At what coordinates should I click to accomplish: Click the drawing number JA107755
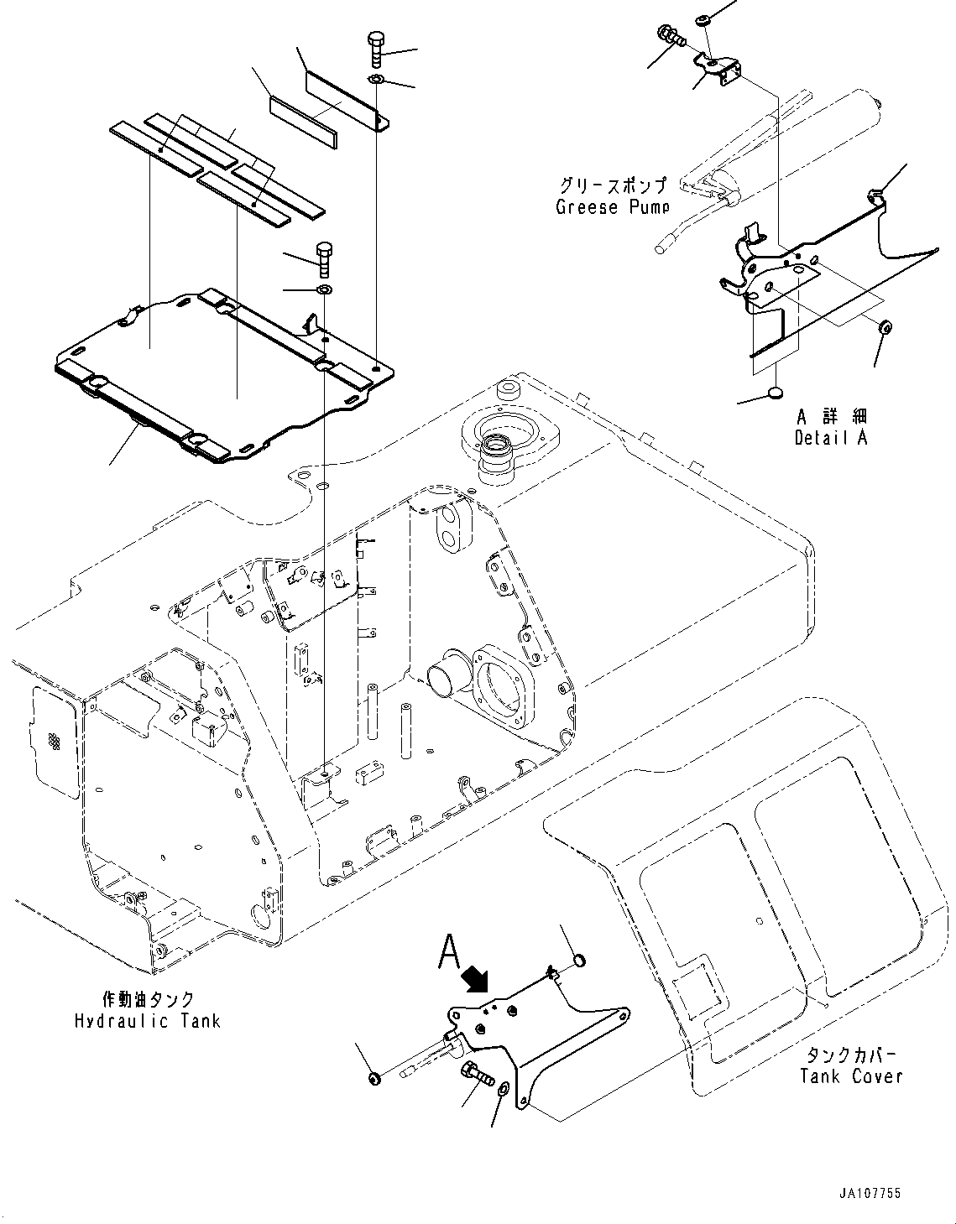868,1193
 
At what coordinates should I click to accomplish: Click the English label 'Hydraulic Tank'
147,1021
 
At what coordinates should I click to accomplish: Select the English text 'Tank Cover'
851,1076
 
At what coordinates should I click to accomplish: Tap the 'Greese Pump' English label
613,206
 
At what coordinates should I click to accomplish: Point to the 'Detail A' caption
830,437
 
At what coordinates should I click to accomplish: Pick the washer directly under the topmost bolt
375,80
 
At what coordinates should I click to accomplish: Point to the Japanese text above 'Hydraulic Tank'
148,999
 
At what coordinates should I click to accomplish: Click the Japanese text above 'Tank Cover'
851,1055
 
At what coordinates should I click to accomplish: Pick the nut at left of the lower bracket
374,1077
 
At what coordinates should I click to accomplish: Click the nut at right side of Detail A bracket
885,326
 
